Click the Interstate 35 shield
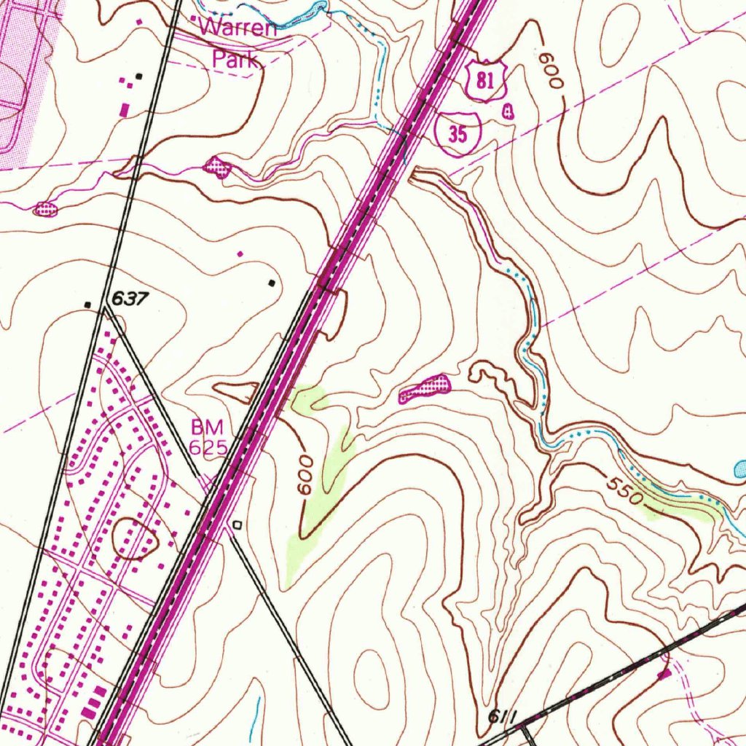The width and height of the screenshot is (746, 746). [458, 134]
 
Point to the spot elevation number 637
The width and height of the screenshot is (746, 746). [130, 299]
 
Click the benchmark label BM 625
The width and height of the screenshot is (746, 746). [208, 437]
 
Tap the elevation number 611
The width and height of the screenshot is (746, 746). [502, 717]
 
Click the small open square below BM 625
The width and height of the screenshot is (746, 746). [237, 524]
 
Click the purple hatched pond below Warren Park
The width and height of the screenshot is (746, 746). [218, 168]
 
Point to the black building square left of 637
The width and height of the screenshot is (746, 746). [88, 304]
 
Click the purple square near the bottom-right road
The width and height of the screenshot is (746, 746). [664, 675]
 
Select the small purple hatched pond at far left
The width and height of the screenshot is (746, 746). [45, 210]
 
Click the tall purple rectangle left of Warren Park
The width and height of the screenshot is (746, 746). [124, 110]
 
